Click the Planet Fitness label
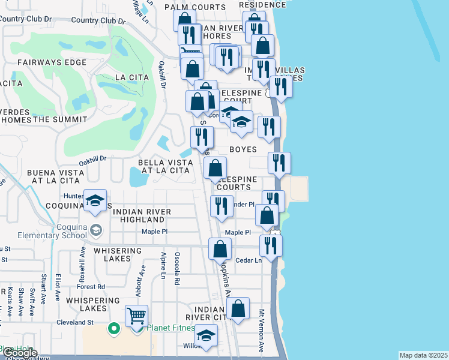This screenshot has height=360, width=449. tap(171, 328)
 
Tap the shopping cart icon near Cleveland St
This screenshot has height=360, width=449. tap(137, 315)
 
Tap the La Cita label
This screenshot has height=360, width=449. tap(127, 77)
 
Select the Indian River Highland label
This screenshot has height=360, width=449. tap(142, 216)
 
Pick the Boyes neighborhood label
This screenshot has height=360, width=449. tap(243, 149)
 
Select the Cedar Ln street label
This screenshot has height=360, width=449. tap(249, 260)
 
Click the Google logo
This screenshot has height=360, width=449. tap(19, 353)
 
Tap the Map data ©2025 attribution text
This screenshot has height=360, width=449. tap(423, 355)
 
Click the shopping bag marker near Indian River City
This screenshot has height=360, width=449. tap(238, 308)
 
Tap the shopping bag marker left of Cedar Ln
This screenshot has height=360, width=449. tap(220, 248)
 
